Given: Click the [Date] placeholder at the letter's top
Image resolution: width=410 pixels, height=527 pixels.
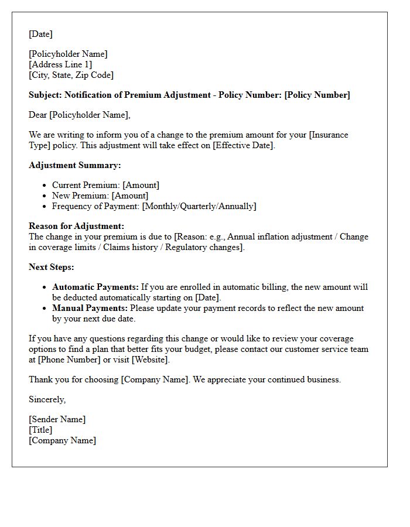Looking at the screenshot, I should (x=40, y=34).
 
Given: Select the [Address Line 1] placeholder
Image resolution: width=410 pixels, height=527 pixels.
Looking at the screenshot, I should (x=60, y=64).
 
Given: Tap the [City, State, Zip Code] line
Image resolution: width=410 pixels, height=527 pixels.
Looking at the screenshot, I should (x=71, y=75).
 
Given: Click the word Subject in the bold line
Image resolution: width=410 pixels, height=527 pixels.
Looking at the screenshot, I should (x=45, y=95).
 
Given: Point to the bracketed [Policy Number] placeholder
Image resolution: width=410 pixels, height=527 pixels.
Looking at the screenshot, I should (x=317, y=95).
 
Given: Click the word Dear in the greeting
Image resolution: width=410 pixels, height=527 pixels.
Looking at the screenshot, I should (x=38, y=115).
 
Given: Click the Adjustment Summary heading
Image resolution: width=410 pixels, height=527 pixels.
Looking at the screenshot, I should (x=75, y=165).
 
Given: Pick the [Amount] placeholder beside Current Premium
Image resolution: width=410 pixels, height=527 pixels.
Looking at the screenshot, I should (x=141, y=185).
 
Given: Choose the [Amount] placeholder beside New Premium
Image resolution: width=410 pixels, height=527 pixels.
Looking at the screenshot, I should (x=130, y=196).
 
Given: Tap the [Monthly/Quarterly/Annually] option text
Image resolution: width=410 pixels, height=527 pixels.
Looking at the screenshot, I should (x=199, y=206).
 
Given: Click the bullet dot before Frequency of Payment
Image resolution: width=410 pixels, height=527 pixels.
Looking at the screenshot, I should (x=46, y=207).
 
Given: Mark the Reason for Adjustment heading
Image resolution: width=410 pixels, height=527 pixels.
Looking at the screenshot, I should (x=76, y=226).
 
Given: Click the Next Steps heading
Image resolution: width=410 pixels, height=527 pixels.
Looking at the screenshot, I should (x=52, y=267).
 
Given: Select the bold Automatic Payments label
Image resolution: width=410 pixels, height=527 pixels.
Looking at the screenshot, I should (x=95, y=287).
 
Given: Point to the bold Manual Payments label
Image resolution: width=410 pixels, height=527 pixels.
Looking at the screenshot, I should (x=90, y=308).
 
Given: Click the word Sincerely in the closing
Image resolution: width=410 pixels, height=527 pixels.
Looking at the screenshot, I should (x=47, y=399).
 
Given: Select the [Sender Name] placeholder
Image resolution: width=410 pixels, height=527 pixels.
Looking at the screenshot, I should (x=57, y=419).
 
